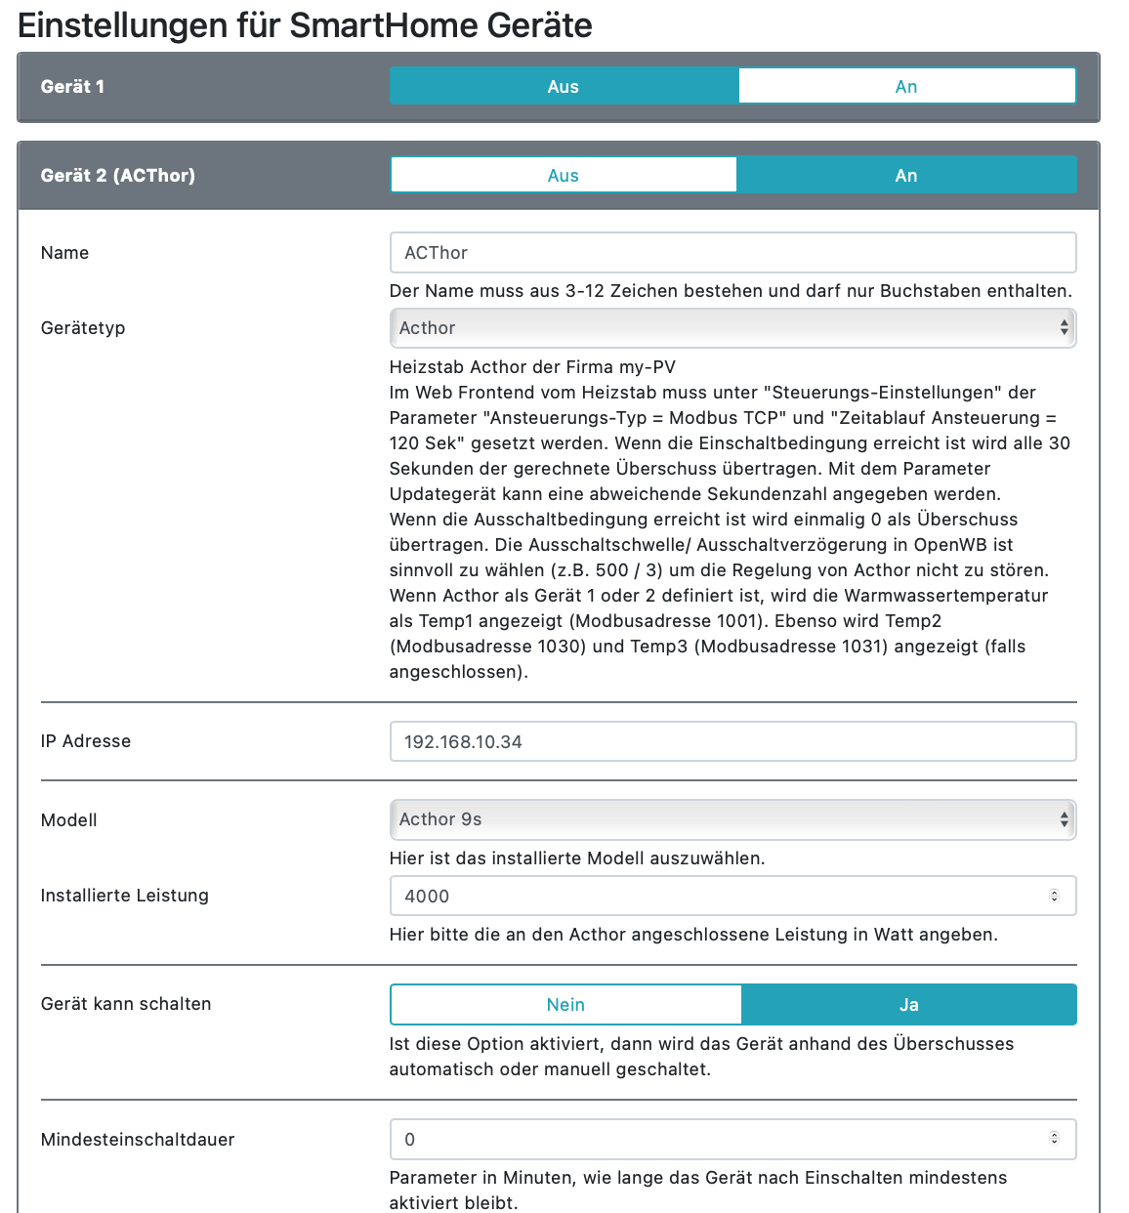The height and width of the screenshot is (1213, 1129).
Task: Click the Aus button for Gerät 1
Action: coord(564,86)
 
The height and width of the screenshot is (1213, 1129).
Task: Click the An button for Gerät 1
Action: coord(906,86)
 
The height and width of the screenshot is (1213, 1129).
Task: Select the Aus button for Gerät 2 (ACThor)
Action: coord(564,175)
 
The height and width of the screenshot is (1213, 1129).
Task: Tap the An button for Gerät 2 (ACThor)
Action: coord(906,175)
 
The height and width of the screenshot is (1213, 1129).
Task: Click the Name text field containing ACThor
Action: coord(732,252)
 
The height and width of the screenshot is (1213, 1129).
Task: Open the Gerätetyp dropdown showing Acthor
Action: coord(732,328)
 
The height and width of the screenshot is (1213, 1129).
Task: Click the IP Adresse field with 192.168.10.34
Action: coord(732,741)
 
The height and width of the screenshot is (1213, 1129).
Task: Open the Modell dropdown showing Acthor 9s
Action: coord(732,819)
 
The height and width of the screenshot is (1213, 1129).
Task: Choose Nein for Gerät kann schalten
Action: coord(565,1004)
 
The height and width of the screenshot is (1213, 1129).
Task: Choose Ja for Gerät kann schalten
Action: coord(908,1004)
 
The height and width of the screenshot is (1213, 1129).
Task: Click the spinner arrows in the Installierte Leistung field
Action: coord(1054,896)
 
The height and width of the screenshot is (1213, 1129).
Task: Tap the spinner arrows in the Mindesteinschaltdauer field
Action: coord(1054,1138)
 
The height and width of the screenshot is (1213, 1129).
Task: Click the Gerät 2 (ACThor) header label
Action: coord(118,175)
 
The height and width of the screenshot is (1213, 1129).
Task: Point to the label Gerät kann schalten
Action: coord(126,1004)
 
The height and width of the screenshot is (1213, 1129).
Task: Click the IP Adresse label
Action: coord(86,741)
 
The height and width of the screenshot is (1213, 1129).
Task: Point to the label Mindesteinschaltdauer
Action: coord(138,1140)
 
